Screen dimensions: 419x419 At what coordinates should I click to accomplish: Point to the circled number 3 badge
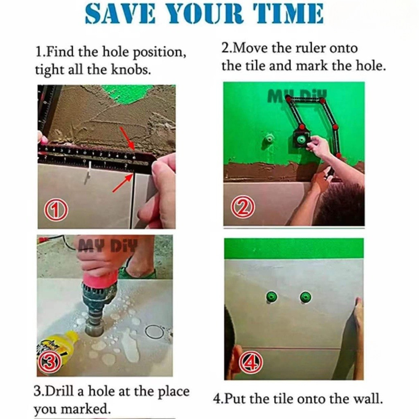[x=50, y=363]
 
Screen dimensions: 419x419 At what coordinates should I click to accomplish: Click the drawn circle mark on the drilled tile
[x=154, y=332]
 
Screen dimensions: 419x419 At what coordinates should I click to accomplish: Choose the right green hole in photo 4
[x=305, y=297]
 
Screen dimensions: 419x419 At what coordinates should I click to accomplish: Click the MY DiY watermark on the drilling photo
[x=108, y=246]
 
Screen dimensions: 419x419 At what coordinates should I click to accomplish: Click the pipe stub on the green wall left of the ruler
[x=268, y=139]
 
